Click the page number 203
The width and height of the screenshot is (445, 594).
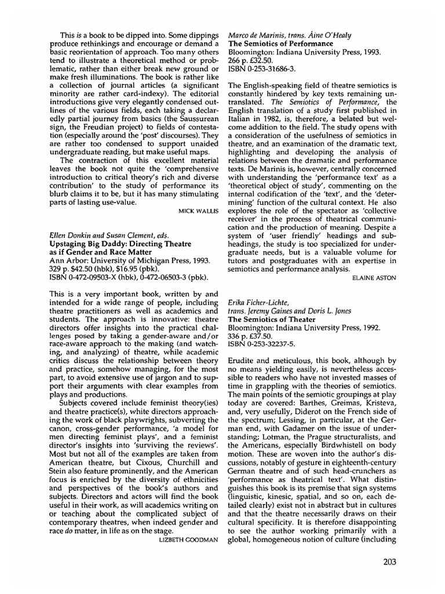point(388,561)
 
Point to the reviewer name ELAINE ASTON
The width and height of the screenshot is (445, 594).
point(374,278)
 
